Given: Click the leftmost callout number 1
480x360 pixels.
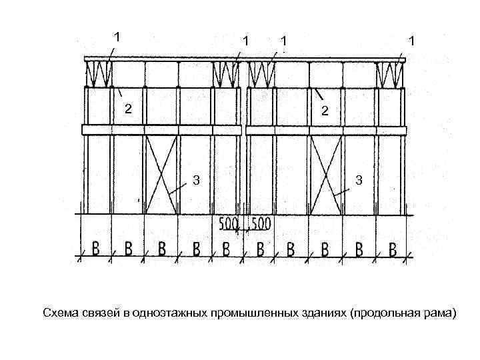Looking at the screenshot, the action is [x=118, y=37].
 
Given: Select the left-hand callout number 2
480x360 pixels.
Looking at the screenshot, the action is [x=129, y=109].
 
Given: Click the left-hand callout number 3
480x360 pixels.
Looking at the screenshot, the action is [x=196, y=179].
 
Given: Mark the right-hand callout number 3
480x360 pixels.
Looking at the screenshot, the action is [x=359, y=180].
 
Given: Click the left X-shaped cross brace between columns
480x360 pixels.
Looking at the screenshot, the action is [x=161, y=173].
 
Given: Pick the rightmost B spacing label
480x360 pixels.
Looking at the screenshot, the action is [x=393, y=249].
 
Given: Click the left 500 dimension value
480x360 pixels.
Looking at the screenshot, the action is [x=230, y=225].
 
